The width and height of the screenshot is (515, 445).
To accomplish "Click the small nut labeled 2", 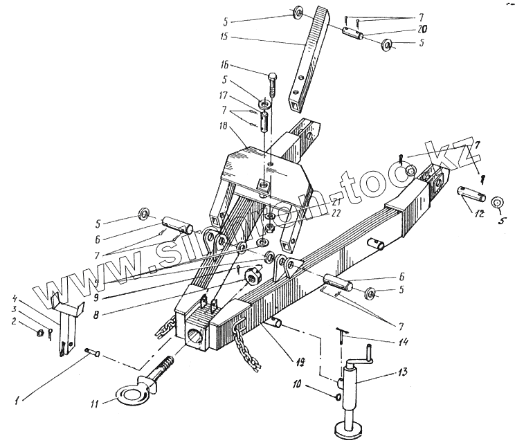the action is tap(39, 332).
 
